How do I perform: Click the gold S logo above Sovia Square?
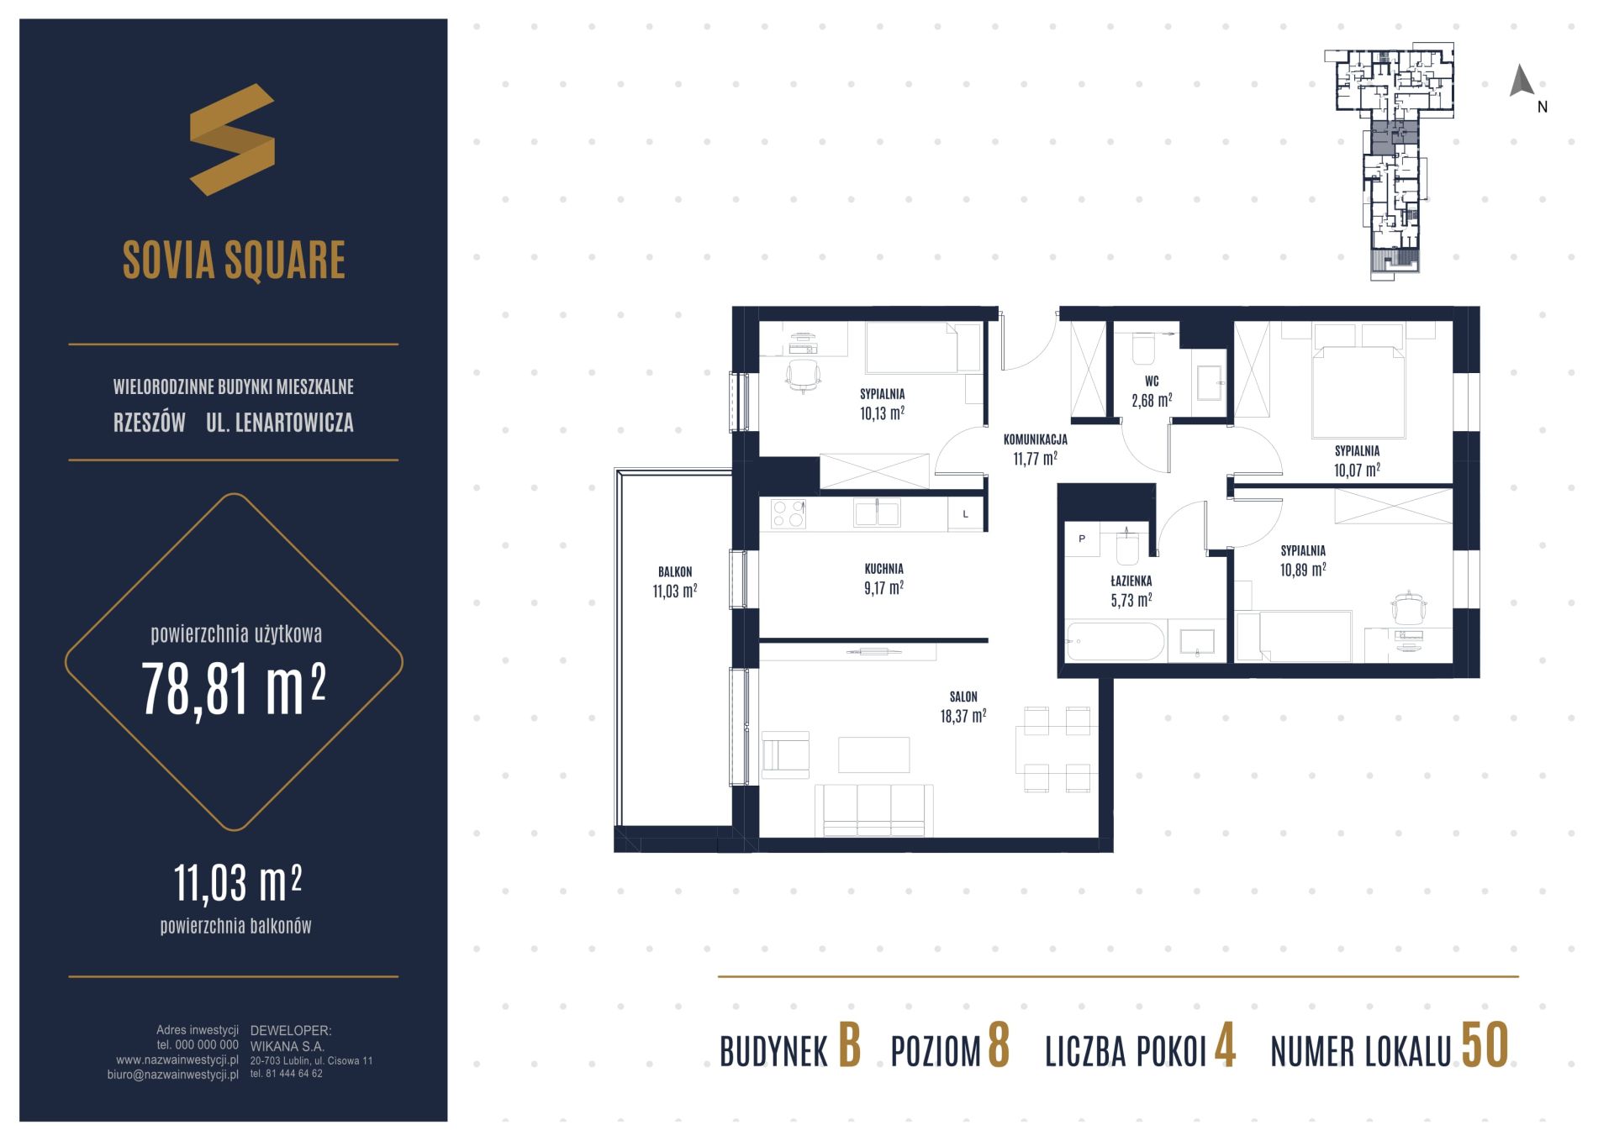tap(232, 139)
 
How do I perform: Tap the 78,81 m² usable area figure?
tap(234, 688)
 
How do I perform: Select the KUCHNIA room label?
tap(883, 569)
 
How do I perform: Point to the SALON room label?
tap(963, 697)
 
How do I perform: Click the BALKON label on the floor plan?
tap(675, 572)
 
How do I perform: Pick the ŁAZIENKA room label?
tap(1131, 581)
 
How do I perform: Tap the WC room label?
tap(1152, 381)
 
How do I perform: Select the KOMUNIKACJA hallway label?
tap(1035, 439)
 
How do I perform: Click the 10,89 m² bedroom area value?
tap(1303, 570)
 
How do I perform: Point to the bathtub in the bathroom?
tap(1115, 643)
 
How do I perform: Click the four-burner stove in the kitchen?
tap(789, 513)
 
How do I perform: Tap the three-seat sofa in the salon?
tap(874, 810)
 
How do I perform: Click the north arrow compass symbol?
tap(1522, 81)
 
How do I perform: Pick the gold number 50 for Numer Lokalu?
tap(1485, 1046)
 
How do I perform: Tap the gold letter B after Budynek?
tap(850, 1046)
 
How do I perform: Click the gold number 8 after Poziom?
tap(998, 1046)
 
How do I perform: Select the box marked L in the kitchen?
tap(966, 513)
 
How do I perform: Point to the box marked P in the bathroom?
tap(1082, 539)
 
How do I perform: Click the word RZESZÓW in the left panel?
tap(150, 423)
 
